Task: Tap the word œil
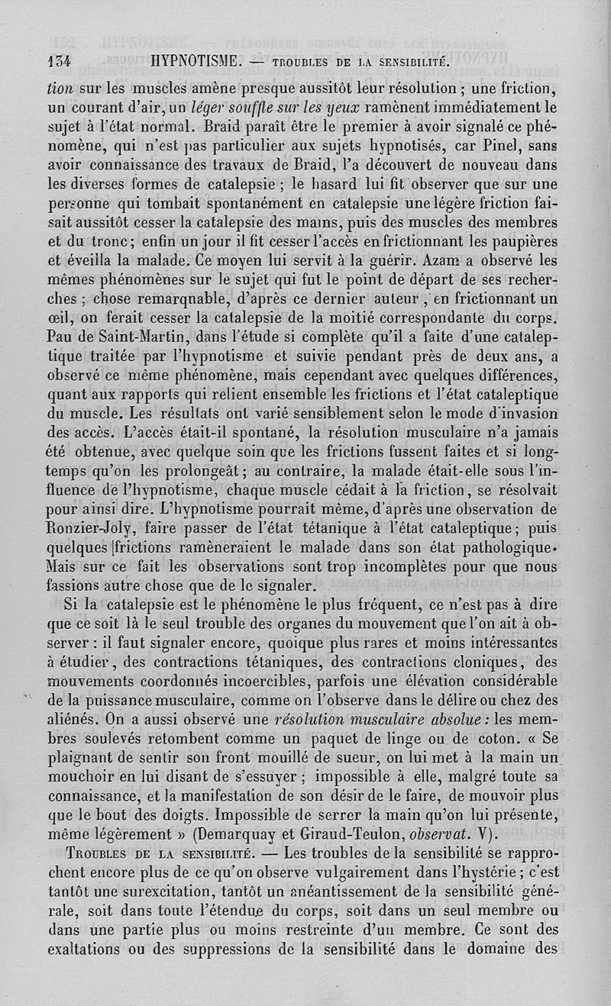tap(58, 317)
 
